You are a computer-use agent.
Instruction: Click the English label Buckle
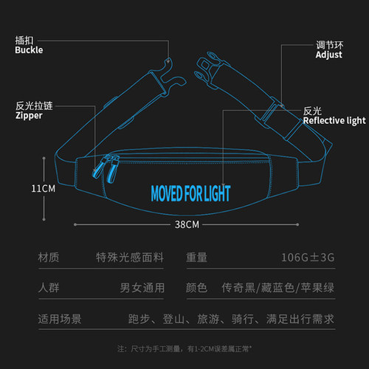point(29,50)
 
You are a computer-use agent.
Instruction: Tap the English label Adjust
point(328,55)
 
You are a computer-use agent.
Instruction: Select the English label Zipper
point(29,116)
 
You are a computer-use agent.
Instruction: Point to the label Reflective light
point(334,120)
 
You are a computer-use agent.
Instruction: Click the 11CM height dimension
point(44,189)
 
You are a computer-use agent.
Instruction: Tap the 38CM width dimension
point(187,224)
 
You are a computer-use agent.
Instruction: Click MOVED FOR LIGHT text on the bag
point(190,193)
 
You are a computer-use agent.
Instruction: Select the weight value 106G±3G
point(308,258)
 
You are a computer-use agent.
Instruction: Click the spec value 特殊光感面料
point(130,258)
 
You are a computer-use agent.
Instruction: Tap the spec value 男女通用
point(142,288)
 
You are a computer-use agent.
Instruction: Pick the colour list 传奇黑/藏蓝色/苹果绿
point(277,288)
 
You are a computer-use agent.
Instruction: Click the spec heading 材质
point(49,258)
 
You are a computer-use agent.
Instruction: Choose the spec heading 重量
point(196,258)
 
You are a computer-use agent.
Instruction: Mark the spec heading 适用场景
point(60,319)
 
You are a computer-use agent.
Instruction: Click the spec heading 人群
point(49,288)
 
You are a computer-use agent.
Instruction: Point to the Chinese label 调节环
point(330,45)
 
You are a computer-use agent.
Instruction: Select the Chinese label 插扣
point(24,41)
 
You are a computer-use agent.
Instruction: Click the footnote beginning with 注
point(184,349)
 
